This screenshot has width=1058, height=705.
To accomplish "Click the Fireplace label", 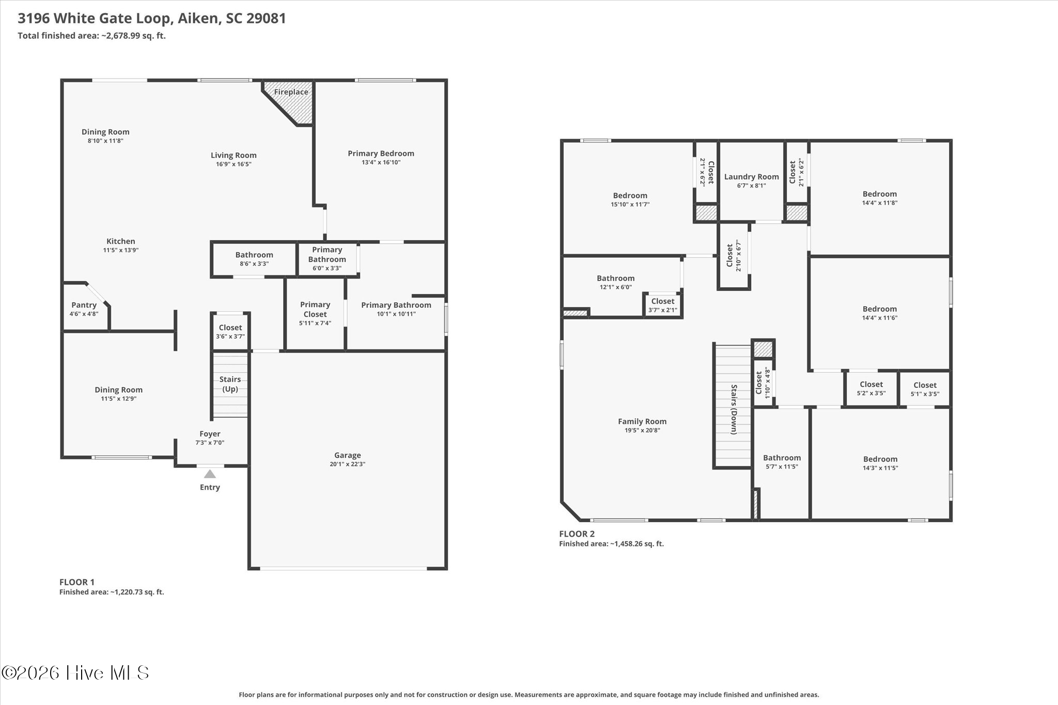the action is coord(291,92).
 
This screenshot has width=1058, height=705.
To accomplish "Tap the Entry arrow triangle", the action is coord(210,474).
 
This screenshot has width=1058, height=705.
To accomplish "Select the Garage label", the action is coord(347,455).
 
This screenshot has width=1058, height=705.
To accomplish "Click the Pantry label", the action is coord(84,305).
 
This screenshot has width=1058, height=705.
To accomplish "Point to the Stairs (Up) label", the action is coord(230,384).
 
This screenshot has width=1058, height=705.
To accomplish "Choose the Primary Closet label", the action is coord(315,309).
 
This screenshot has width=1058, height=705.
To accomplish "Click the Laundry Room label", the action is coord(751,177).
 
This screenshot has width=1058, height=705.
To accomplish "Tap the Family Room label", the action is coord(642,421).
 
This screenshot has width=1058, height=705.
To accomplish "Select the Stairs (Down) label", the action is coord(734,409).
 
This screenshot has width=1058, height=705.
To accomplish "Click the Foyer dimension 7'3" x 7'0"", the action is coord(210,443).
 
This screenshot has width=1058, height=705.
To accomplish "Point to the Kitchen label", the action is coord(121,241).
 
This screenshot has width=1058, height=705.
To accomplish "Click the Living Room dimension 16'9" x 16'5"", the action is coord(234,164).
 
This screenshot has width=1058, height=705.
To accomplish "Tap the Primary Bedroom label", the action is coord(381,153).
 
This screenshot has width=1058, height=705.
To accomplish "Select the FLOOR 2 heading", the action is coord(577,534).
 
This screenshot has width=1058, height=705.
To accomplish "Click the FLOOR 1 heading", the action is coord(77,582).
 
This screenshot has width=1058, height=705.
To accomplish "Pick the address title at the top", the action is coord(152,19).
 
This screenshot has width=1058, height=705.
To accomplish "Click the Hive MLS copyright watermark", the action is coord(75,672).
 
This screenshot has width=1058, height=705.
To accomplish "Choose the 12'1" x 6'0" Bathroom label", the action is coord(616,282).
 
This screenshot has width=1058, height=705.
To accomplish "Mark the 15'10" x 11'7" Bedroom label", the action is coord(630,199).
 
